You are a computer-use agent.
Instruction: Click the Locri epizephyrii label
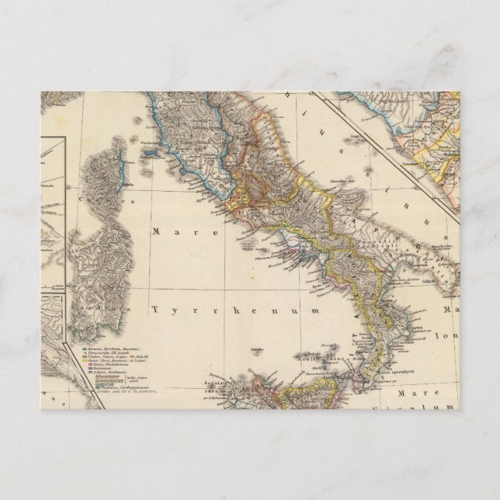click(x=396, y=371)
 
